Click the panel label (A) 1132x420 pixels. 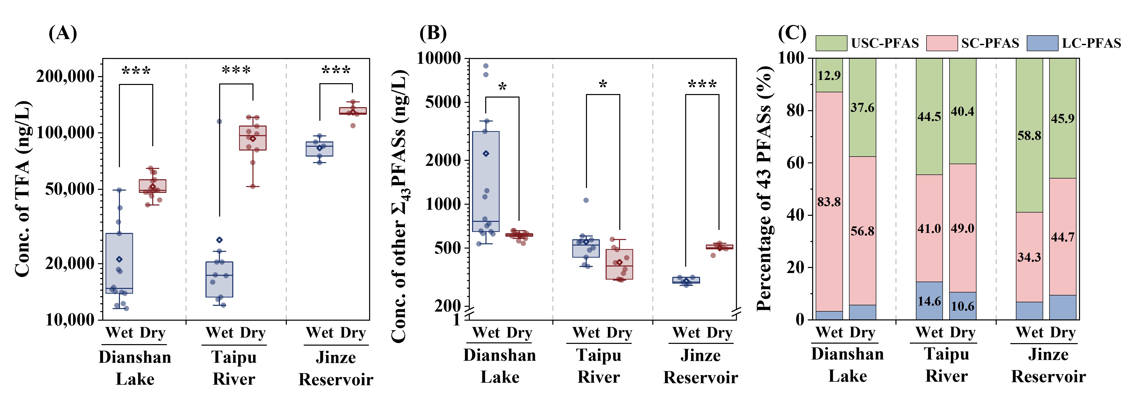click(63, 33)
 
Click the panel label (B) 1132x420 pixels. click(433, 33)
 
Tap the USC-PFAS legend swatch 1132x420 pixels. click(831, 43)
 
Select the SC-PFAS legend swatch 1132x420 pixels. click(942, 43)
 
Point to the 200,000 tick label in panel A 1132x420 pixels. click(65, 76)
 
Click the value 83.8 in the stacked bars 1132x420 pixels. click(829, 202)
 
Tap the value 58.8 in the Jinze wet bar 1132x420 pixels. click(1029, 136)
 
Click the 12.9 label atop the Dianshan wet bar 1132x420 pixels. click(829, 75)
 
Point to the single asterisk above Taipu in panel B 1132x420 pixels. click(603, 84)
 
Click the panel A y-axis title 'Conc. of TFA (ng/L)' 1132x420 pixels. click(23, 189)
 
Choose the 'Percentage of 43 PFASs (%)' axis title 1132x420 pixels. click(765, 189)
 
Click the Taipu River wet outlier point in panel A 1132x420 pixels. click(219, 122)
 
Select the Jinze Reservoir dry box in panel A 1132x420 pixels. click(352, 111)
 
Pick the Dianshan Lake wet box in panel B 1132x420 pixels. click(485, 181)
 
